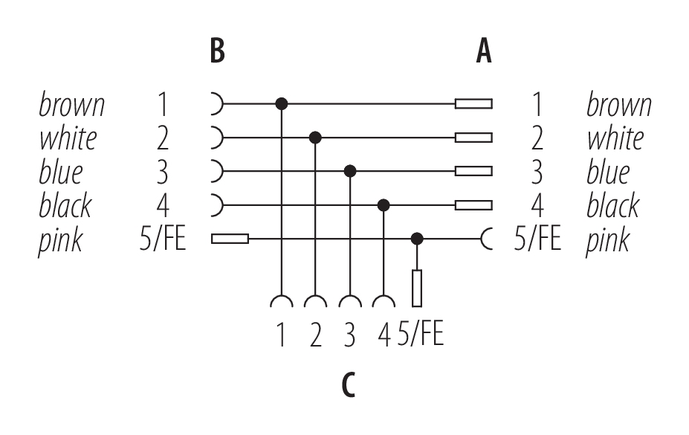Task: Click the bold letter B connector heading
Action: [217, 53]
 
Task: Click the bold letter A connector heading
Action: [484, 53]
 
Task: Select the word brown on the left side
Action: [71, 105]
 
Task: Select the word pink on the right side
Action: [608, 239]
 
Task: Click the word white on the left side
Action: [68, 138]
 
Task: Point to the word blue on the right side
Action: [607, 173]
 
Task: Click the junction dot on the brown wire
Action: [282, 103]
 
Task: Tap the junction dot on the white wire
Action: [316, 138]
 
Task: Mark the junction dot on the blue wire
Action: [350, 171]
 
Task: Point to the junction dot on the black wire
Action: [384, 204]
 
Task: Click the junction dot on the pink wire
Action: [418, 239]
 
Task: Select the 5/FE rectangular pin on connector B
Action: [230, 239]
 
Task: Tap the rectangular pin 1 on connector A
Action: [473, 103]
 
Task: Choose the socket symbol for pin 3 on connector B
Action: [216, 171]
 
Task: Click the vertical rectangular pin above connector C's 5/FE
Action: [418, 288]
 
